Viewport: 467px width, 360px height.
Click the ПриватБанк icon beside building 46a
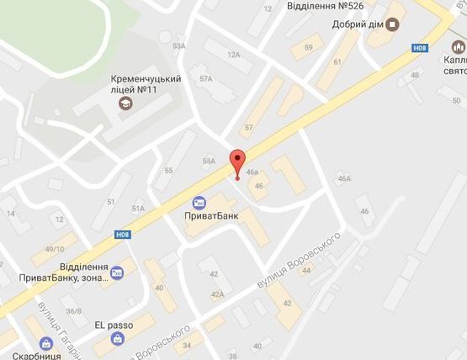[199, 203]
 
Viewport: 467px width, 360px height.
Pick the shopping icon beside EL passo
[117, 339]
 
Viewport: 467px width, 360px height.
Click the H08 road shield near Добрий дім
[420, 49]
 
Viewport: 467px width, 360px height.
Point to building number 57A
[205, 78]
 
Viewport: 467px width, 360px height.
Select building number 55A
[209, 161]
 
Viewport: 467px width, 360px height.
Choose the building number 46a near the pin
[252, 172]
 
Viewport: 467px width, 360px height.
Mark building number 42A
[217, 294]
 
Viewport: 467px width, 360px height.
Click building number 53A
[178, 46]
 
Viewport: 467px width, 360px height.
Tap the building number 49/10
[55, 249]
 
